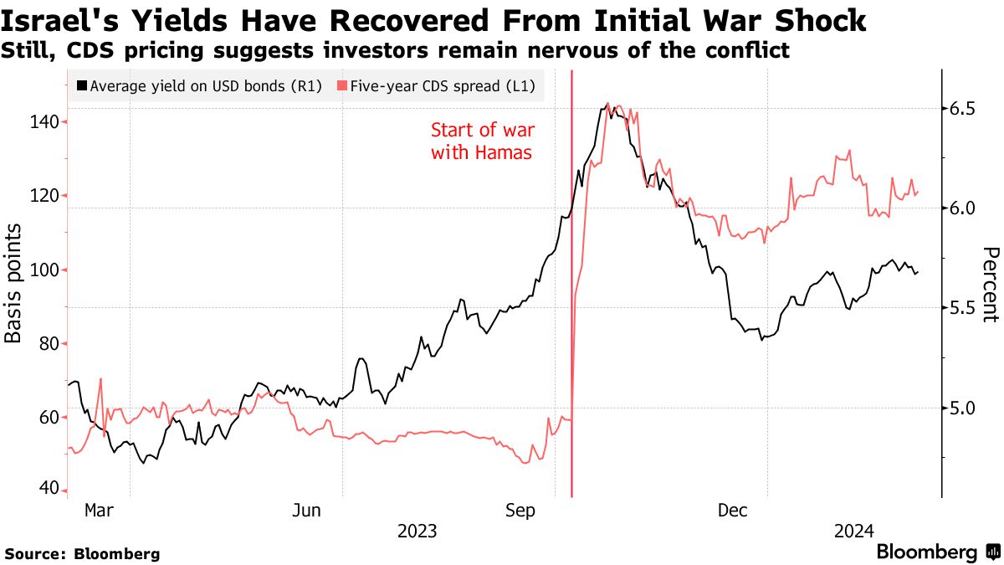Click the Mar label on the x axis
(99, 510)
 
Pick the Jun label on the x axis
(309, 510)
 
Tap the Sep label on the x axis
(522, 510)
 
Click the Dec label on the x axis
(733, 510)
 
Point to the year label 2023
(417, 531)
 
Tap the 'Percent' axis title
(990, 285)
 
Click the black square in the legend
(81, 85)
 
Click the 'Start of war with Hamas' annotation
(482, 141)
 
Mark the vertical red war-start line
(571, 335)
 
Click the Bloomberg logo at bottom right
(937, 552)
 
